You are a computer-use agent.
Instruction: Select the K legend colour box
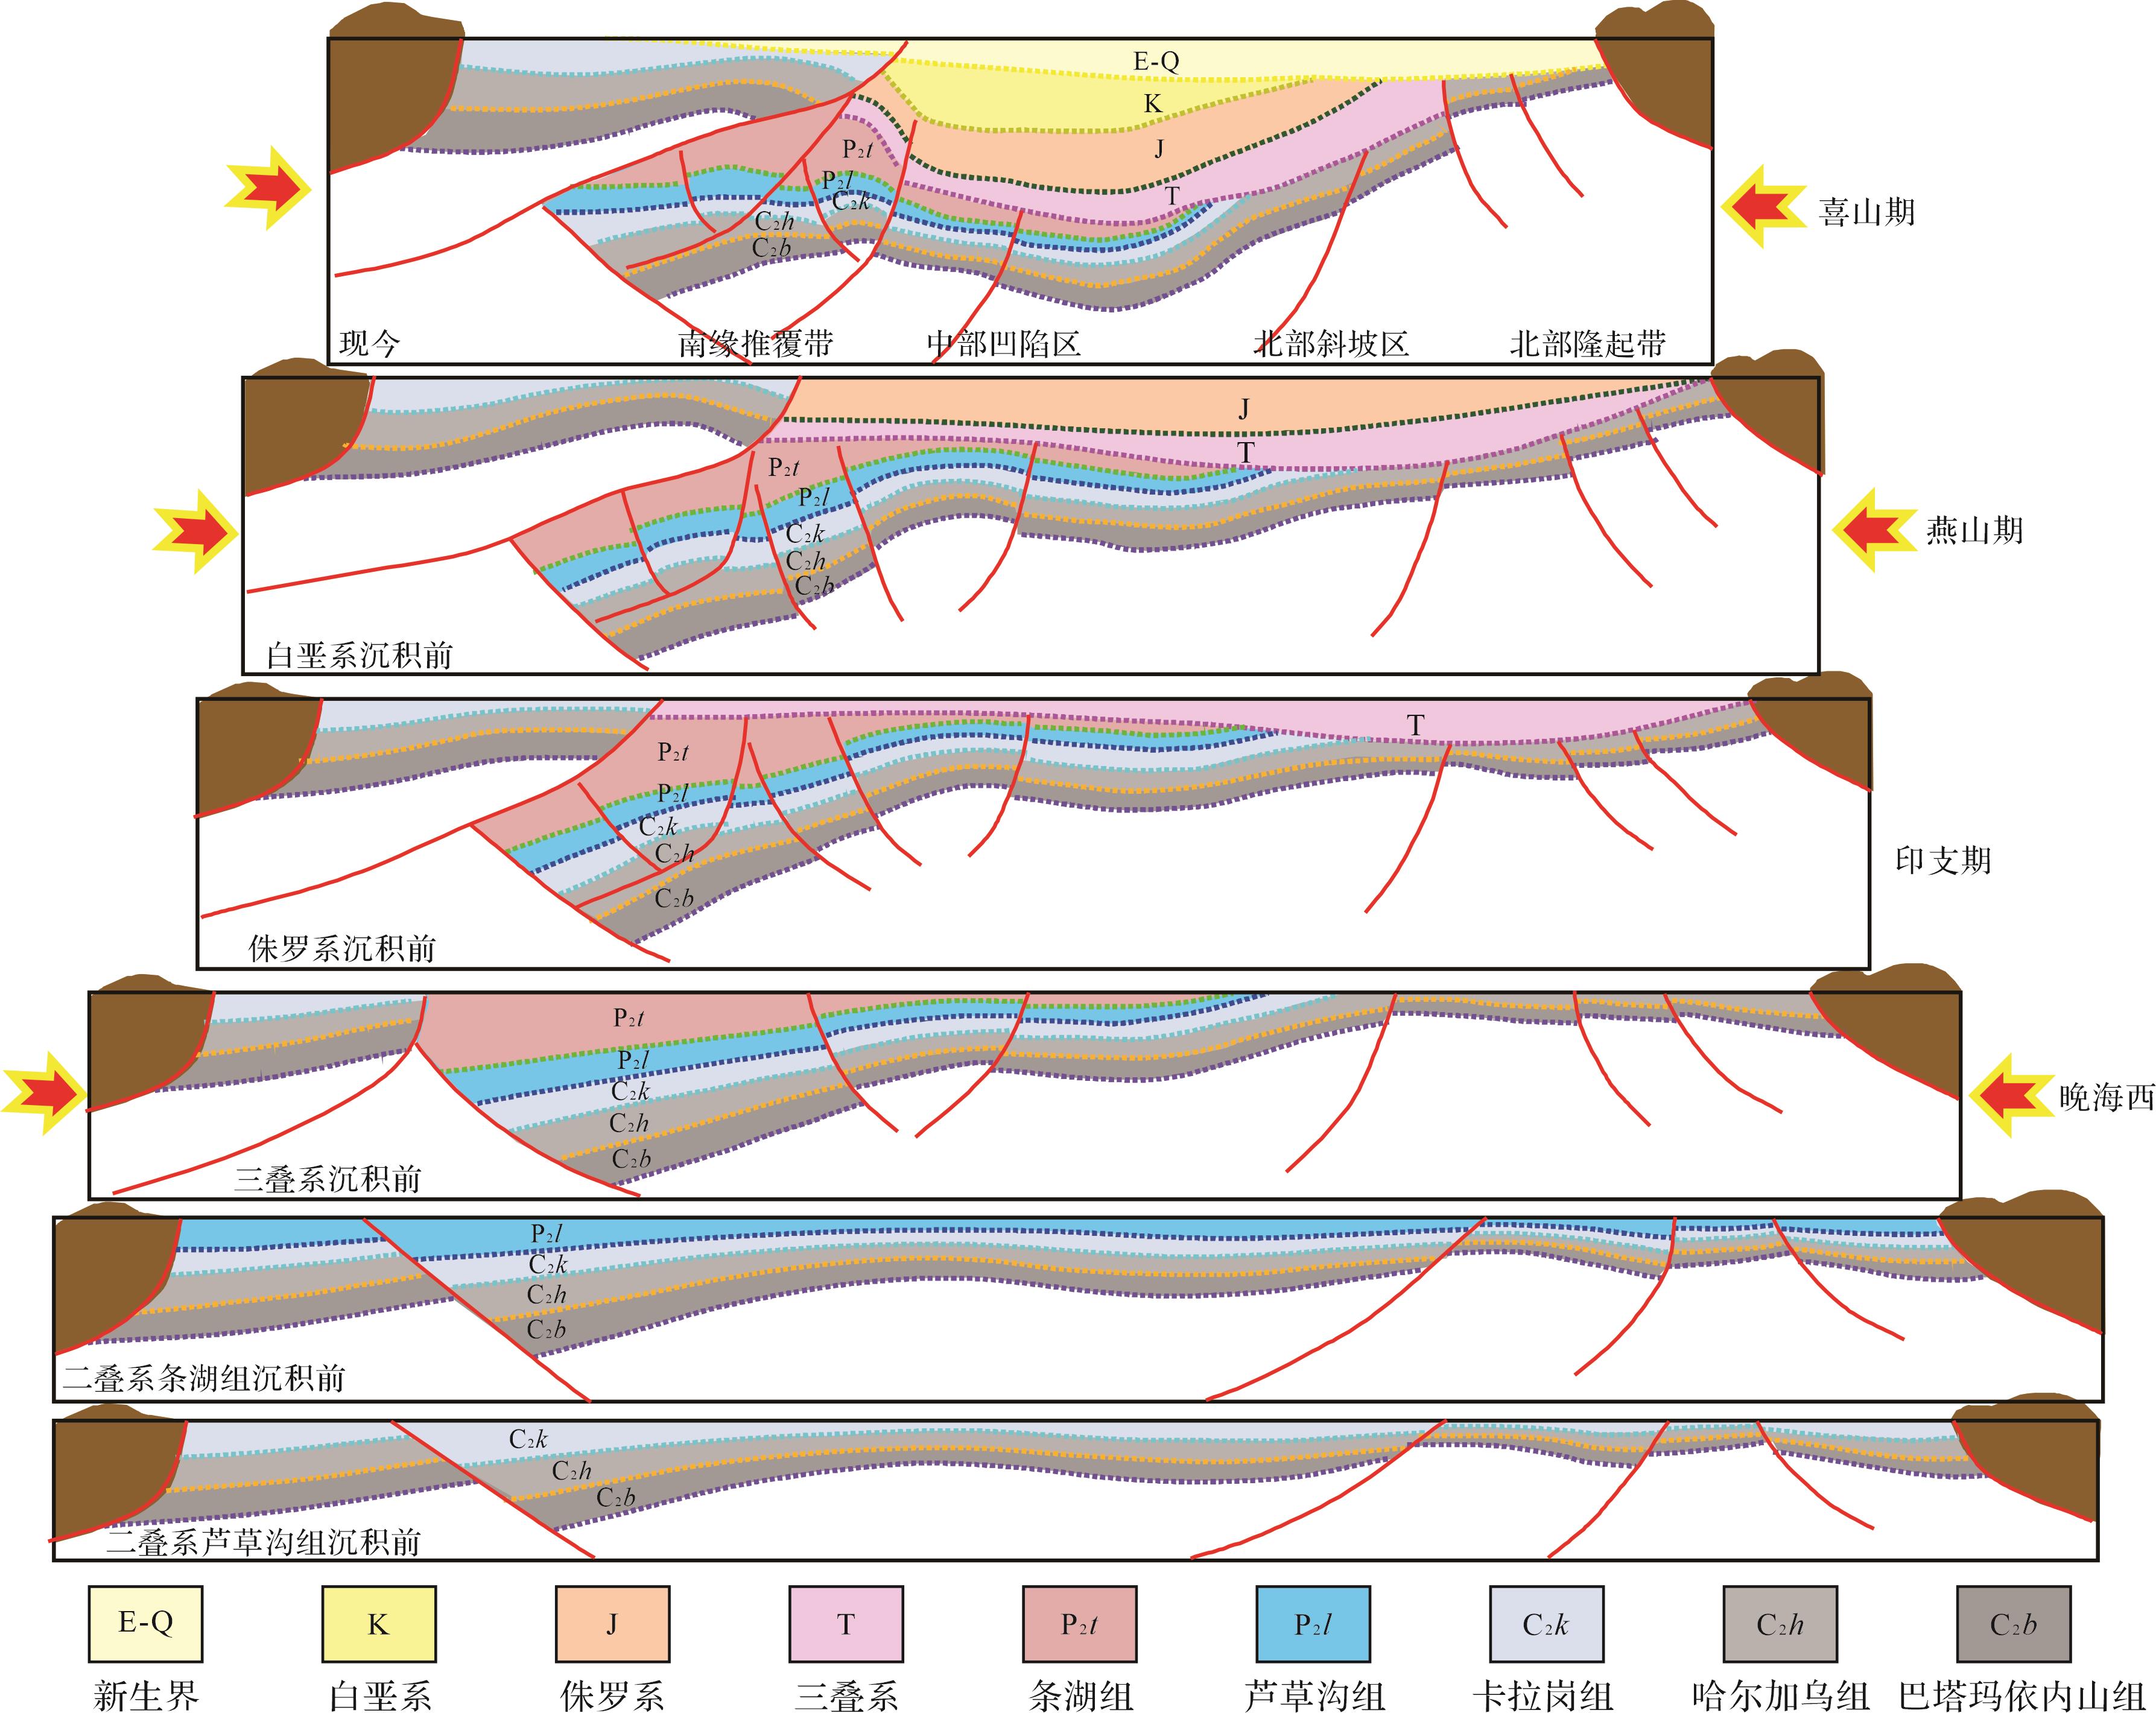378,1623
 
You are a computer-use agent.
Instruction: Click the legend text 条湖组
1080,1695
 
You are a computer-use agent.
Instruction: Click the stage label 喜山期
1866,212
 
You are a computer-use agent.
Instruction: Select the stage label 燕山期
1975,530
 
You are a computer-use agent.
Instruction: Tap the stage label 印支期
1943,860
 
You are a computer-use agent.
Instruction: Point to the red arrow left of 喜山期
1765,207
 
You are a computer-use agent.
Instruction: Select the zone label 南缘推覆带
755,344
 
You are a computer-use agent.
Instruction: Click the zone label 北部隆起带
1587,344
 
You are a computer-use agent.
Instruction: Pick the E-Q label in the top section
1156,61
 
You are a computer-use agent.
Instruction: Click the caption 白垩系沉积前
360,655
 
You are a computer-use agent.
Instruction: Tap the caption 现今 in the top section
369,344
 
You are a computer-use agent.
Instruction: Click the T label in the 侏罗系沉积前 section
1415,725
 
